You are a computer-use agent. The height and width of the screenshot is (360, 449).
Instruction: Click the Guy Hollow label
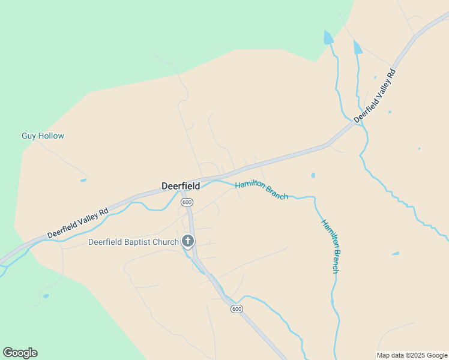43,136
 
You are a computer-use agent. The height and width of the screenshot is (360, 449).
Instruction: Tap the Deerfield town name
181,186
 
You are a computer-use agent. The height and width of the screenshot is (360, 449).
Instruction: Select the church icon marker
188,242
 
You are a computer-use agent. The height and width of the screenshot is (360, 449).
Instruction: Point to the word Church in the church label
165,242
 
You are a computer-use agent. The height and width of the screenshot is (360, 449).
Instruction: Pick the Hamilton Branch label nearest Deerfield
261,189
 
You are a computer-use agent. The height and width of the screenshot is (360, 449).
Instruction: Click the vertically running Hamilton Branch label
330,246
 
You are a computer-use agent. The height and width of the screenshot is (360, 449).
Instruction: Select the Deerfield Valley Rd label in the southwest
78,222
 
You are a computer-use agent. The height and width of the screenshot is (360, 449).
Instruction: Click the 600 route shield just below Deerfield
187,202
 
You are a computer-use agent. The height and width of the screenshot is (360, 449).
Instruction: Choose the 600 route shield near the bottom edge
237,308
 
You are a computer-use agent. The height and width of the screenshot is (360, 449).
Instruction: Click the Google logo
20,353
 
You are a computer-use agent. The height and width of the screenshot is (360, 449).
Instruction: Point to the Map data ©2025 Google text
412,355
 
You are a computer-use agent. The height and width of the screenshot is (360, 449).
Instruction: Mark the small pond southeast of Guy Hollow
83,180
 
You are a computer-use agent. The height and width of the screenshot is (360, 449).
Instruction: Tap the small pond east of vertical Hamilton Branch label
396,253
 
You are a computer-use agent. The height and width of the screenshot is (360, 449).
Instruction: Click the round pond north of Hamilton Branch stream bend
313,175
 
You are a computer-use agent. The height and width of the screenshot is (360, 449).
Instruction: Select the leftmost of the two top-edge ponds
328,38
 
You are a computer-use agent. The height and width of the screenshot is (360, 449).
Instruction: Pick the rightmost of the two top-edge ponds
358,47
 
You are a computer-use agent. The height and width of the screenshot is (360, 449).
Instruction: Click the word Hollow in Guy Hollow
51,136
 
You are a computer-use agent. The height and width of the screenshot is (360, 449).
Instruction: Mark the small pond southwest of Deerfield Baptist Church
46,296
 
